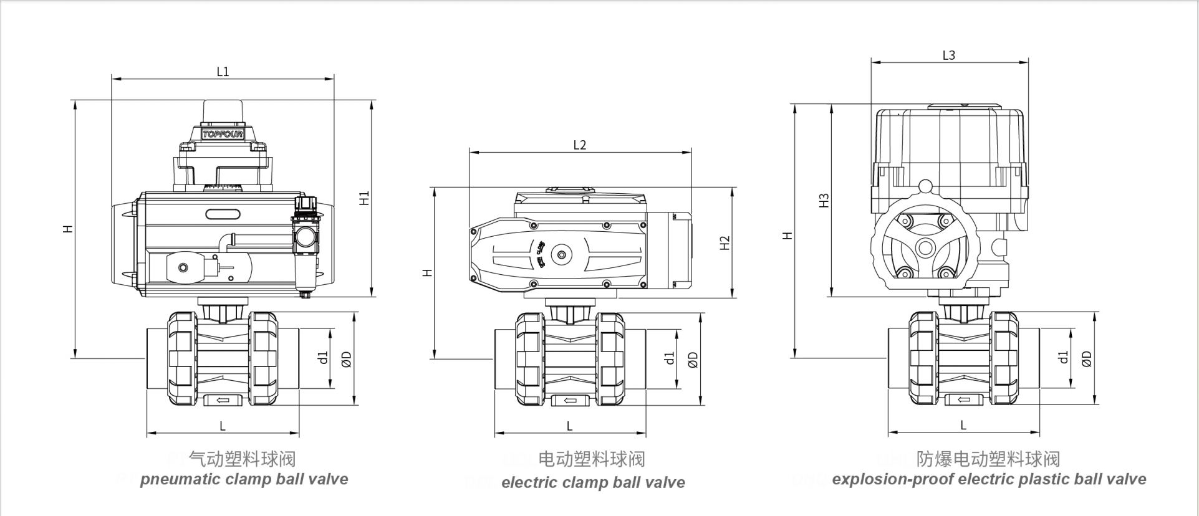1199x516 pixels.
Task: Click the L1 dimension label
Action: click(223, 72)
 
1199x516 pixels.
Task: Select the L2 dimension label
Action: click(579, 145)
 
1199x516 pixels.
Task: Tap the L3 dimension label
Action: click(948, 55)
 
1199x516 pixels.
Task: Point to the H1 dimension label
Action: click(365, 198)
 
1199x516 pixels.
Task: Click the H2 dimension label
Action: click(725, 243)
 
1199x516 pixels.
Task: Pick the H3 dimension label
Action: click(824, 201)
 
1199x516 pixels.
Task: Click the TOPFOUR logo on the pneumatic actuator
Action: click(223, 134)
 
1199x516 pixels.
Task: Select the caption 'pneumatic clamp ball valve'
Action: click(244, 479)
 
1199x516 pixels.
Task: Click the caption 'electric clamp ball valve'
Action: click(593, 482)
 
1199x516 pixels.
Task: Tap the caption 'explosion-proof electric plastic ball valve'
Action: click(989, 479)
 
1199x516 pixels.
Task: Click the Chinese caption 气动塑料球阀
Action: click(242, 459)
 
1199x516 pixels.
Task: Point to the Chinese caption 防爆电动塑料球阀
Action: click(988, 459)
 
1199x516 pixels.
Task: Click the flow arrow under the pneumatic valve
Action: click(223, 400)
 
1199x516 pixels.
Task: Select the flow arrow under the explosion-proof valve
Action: click(963, 400)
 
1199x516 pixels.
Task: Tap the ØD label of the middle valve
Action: click(693, 360)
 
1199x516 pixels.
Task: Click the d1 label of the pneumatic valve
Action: click(322, 358)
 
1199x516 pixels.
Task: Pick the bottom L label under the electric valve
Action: click(569, 426)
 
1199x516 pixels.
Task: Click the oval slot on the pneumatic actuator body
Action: click(223, 214)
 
